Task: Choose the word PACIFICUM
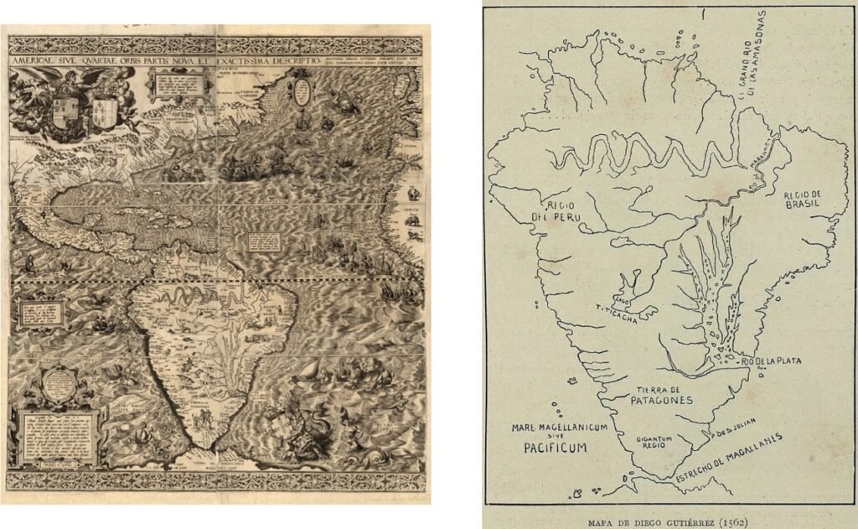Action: (x=550, y=449)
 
